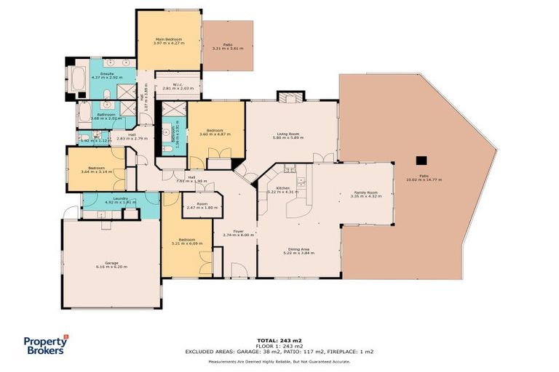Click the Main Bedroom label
click(x=168, y=39)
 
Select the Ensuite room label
click(x=106, y=73)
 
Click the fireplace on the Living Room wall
click(x=290, y=100)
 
